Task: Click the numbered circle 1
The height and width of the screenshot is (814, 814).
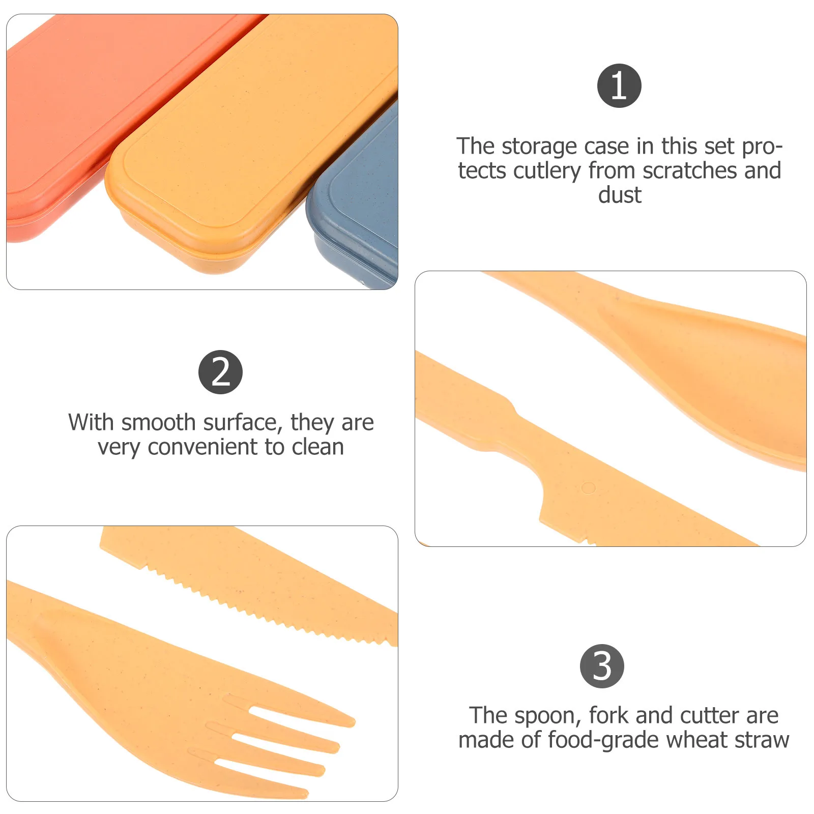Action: [x=619, y=85]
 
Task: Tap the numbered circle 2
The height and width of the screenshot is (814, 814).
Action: [x=220, y=372]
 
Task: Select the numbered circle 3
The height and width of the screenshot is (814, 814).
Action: [x=602, y=666]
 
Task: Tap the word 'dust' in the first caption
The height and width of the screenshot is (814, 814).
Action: [x=620, y=195]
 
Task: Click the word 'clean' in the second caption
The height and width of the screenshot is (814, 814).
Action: [x=317, y=447]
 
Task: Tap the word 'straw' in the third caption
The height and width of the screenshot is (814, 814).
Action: [x=761, y=740]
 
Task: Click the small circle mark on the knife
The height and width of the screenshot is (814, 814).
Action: [x=588, y=488]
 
